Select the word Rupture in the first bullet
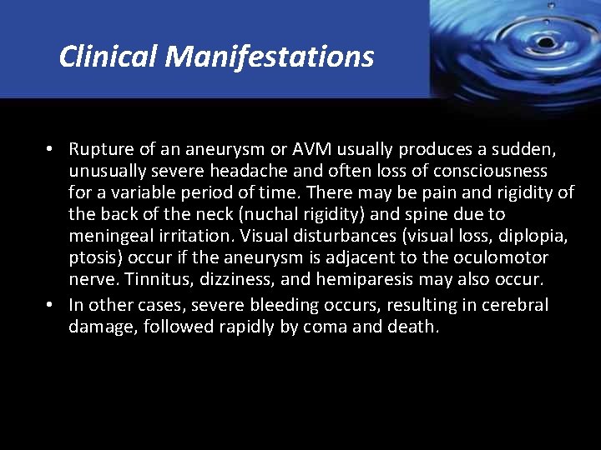tap(98, 149)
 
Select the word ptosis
tap(91, 258)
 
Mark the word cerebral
tap(511, 305)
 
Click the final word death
tap(412, 327)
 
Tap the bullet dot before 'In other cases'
tap(51, 305)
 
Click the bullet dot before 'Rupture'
tap(51, 149)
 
